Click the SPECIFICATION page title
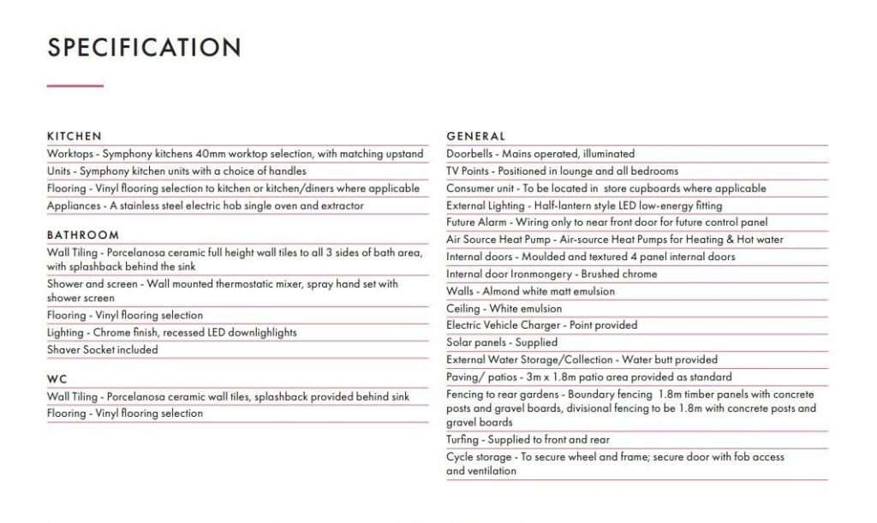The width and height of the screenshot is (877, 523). tap(144, 47)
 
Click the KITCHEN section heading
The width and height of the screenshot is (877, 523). tap(75, 136)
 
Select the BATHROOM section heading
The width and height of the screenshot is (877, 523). tap(83, 235)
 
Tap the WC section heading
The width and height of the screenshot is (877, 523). tap(57, 379)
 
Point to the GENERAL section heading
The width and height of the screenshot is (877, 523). tap(476, 136)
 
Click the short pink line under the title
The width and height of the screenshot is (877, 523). tap(75, 86)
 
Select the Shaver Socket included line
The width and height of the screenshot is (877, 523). tap(103, 350)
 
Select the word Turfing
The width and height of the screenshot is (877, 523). tap(462, 440)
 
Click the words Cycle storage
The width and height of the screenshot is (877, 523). tap(479, 457)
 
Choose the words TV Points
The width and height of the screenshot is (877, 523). tap(467, 171)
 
